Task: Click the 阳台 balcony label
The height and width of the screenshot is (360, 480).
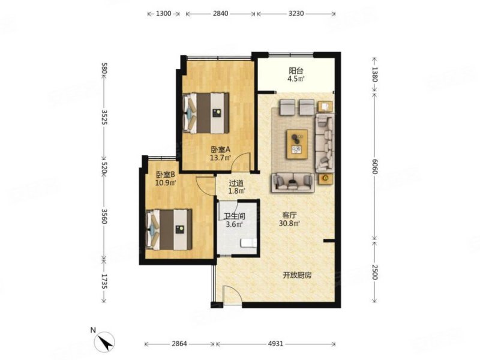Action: click(x=296, y=71)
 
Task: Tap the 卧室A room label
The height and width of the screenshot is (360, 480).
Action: click(x=220, y=149)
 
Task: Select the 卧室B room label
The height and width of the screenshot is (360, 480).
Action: click(x=166, y=175)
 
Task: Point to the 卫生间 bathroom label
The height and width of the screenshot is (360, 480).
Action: click(x=235, y=216)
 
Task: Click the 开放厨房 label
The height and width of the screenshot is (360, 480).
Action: click(x=297, y=275)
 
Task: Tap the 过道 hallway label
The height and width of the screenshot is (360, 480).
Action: click(x=236, y=184)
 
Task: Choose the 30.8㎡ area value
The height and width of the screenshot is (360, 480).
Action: click(x=289, y=223)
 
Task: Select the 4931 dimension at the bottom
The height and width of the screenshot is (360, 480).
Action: click(x=275, y=344)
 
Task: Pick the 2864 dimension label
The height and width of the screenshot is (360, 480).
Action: click(x=179, y=344)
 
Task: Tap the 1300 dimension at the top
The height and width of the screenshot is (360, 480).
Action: click(x=163, y=13)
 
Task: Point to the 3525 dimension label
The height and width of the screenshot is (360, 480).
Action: click(x=104, y=117)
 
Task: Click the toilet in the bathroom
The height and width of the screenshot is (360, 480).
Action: click(x=248, y=243)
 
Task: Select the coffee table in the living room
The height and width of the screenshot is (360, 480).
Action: click(x=297, y=144)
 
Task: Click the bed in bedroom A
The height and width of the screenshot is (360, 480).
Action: click(x=206, y=113)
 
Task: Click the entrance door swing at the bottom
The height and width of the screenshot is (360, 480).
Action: click(x=232, y=294)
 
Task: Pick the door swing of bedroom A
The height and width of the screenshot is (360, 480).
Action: click(x=241, y=161)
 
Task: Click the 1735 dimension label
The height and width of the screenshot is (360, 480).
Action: click(x=104, y=281)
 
